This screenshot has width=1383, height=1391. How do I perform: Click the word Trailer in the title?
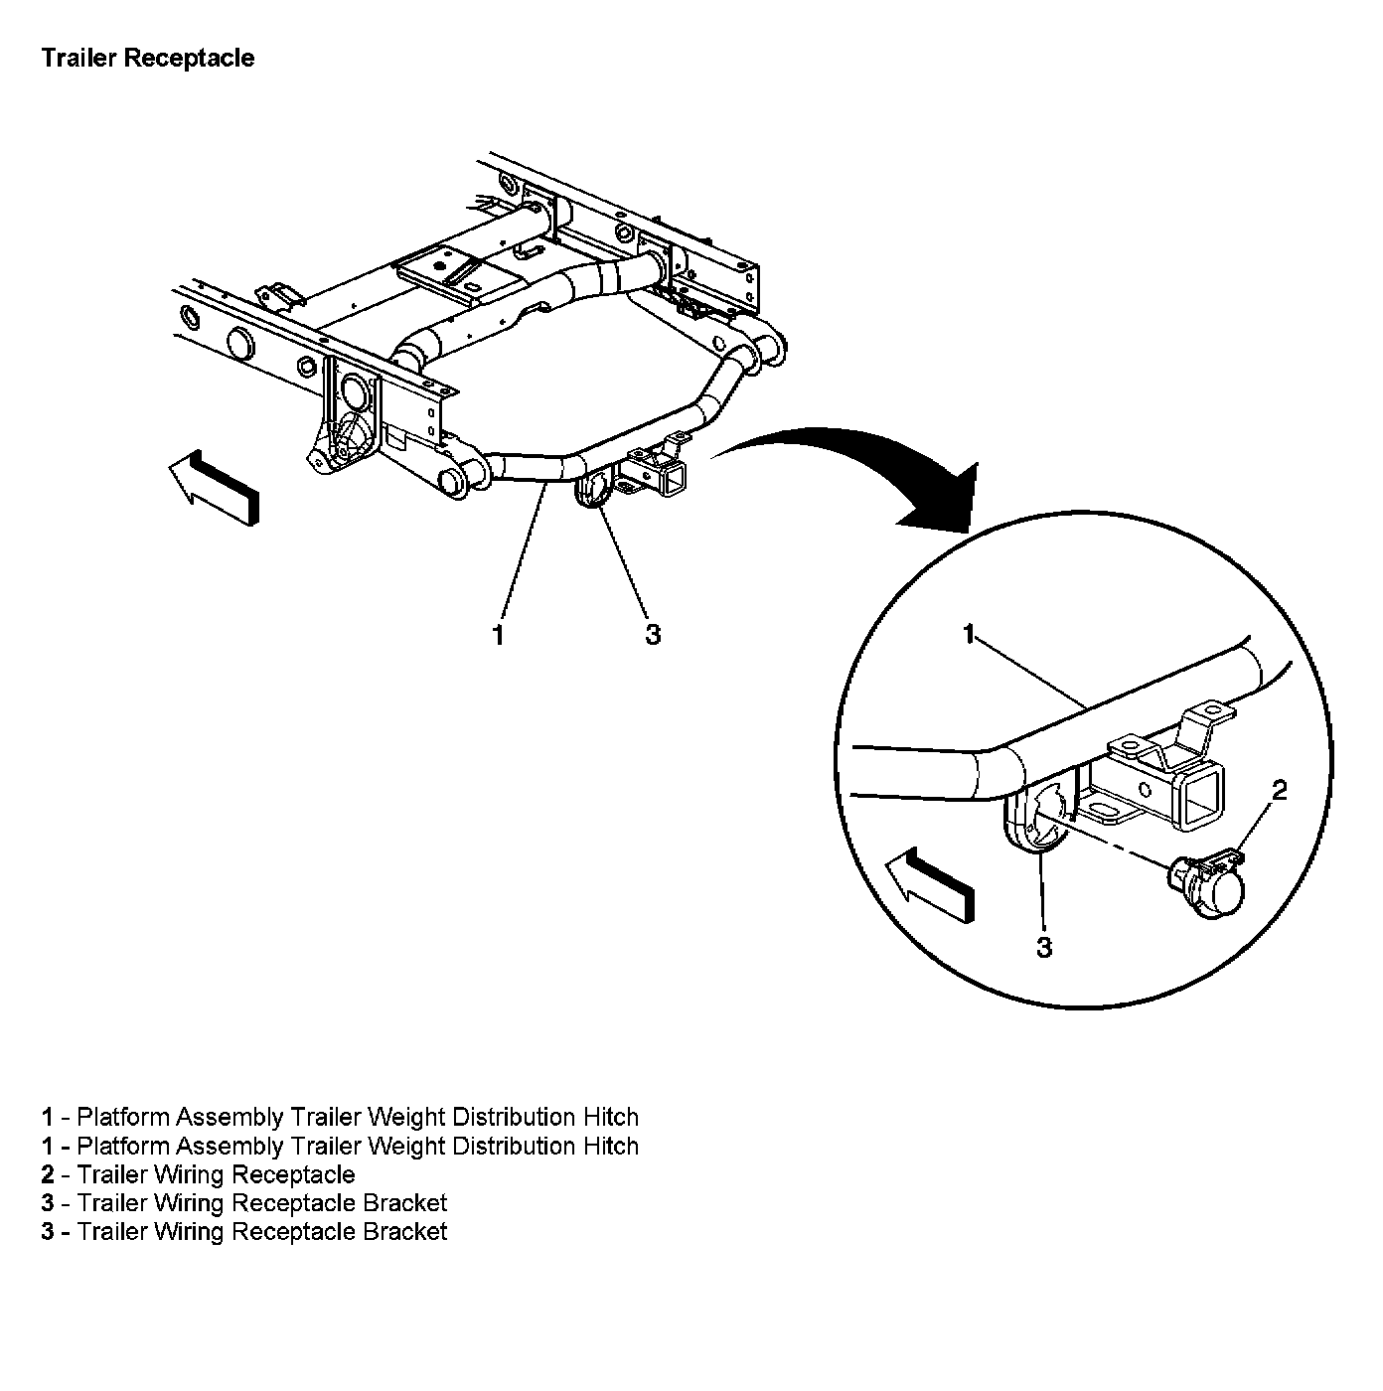pos(78,59)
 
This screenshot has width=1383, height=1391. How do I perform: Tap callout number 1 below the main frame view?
pos(498,634)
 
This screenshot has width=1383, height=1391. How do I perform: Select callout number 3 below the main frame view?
pos(652,634)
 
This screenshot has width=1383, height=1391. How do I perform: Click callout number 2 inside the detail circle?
pos(1279,790)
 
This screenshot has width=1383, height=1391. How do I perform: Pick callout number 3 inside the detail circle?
pos(1043,947)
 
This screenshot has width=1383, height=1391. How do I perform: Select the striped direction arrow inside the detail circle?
pos(929,882)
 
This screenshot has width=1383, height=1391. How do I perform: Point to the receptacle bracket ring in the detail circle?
pos(1037,818)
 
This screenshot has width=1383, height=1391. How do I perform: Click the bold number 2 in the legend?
pos(47,1174)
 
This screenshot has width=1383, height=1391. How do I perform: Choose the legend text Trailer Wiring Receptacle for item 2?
pos(216,1174)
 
